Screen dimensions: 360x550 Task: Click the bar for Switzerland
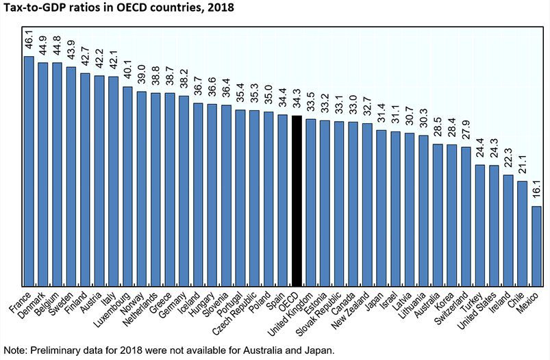(x=466, y=218)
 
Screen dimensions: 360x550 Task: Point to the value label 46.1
(x=29, y=40)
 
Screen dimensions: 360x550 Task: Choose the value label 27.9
(x=466, y=131)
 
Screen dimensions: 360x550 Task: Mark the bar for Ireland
(x=508, y=232)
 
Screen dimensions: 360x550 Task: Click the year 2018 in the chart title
(x=218, y=9)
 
